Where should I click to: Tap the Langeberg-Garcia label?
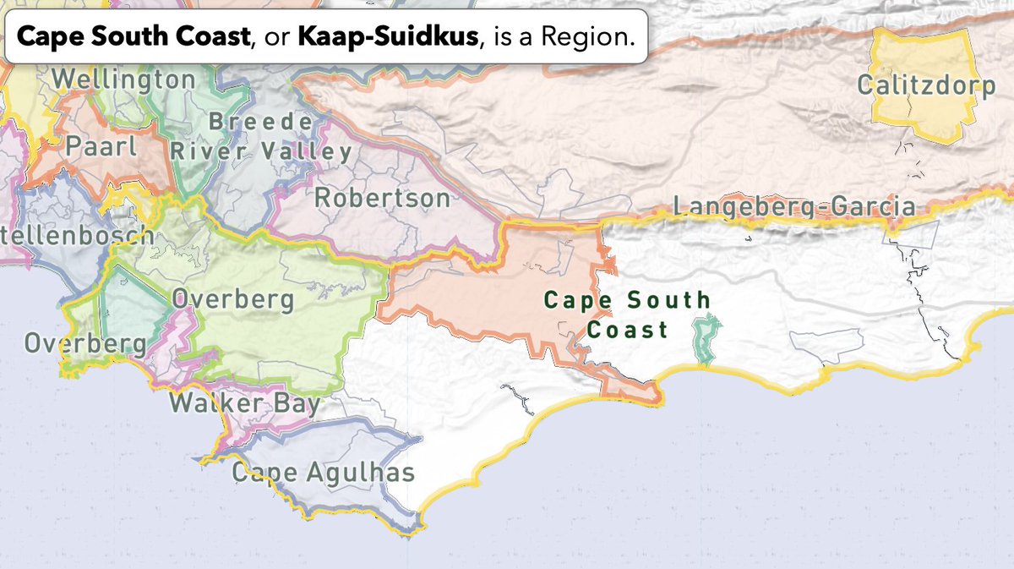click(794, 206)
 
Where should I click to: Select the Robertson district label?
click(383, 199)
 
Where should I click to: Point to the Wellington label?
click(123, 80)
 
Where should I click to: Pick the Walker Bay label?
click(245, 402)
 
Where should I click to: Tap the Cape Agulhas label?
click(324, 472)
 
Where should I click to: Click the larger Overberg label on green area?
click(233, 299)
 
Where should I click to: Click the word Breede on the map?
click(260, 122)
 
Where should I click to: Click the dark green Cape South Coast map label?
click(627, 314)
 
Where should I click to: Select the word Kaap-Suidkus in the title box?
click(388, 37)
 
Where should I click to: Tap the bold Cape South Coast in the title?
click(133, 37)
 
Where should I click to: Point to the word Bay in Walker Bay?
click(296, 402)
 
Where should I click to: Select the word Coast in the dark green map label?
click(627, 330)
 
